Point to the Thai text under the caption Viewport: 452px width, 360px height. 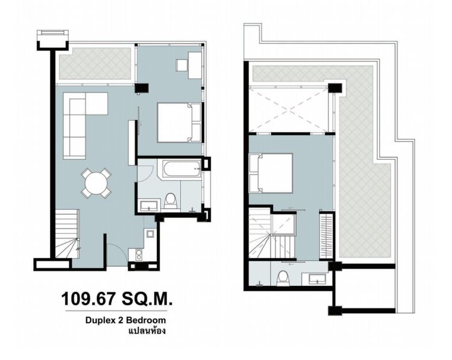(x=147, y=331)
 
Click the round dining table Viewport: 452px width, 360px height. (x=97, y=183)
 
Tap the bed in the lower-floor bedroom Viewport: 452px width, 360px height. (x=179, y=122)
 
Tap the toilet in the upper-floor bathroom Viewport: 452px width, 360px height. (x=282, y=277)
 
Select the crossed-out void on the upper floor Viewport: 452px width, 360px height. (x=289, y=109)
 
